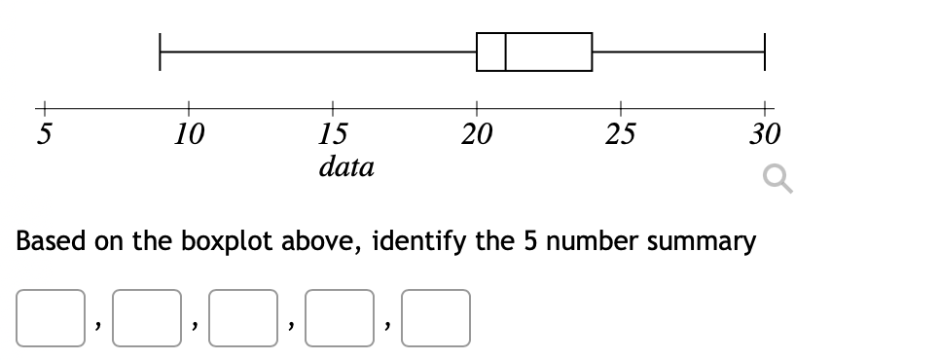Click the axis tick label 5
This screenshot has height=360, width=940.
coord(44,134)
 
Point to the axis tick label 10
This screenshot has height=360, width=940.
coord(189,134)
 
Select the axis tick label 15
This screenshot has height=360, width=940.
coord(333,134)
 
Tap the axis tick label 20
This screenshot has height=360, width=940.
coord(477,134)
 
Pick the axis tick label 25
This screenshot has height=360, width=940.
coord(621,134)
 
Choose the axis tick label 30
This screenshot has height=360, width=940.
coord(765,134)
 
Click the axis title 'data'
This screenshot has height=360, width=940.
coord(346,167)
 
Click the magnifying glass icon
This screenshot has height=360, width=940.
coord(777,180)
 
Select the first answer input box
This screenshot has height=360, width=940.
coord(49,318)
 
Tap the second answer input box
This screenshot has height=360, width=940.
coord(145,318)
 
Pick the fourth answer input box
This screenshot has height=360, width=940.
coord(338,318)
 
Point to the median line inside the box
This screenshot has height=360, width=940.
coord(506,52)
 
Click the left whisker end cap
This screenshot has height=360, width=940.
coord(161,52)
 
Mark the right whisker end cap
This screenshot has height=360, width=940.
coord(765,52)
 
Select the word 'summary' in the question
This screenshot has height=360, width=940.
coord(702,241)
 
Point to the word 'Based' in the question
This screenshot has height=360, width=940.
coord(51,241)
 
